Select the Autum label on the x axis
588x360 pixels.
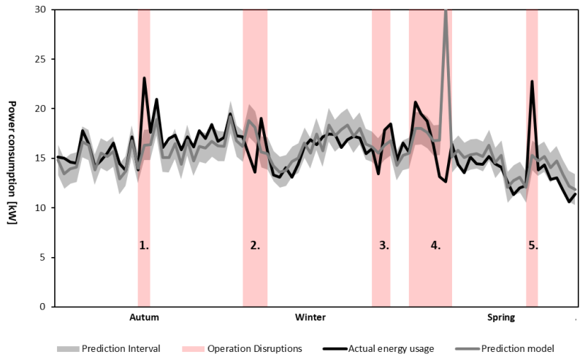[x=144, y=318]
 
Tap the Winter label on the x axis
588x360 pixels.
[x=310, y=318]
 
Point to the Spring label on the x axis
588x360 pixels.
[x=501, y=318]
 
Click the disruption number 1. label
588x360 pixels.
[x=144, y=246]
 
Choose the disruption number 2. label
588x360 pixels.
[x=255, y=246]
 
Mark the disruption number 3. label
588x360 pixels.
[x=384, y=246]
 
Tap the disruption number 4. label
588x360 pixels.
[x=435, y=246]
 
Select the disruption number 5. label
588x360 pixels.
[x=533, y=246]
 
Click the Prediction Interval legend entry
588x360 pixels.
[x=121, y=348]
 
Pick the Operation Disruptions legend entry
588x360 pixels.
[x=254, y=348]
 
